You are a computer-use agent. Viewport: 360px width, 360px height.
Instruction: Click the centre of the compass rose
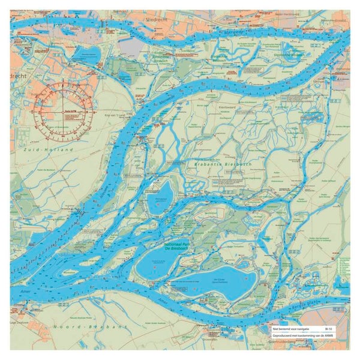pos(62,109)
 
